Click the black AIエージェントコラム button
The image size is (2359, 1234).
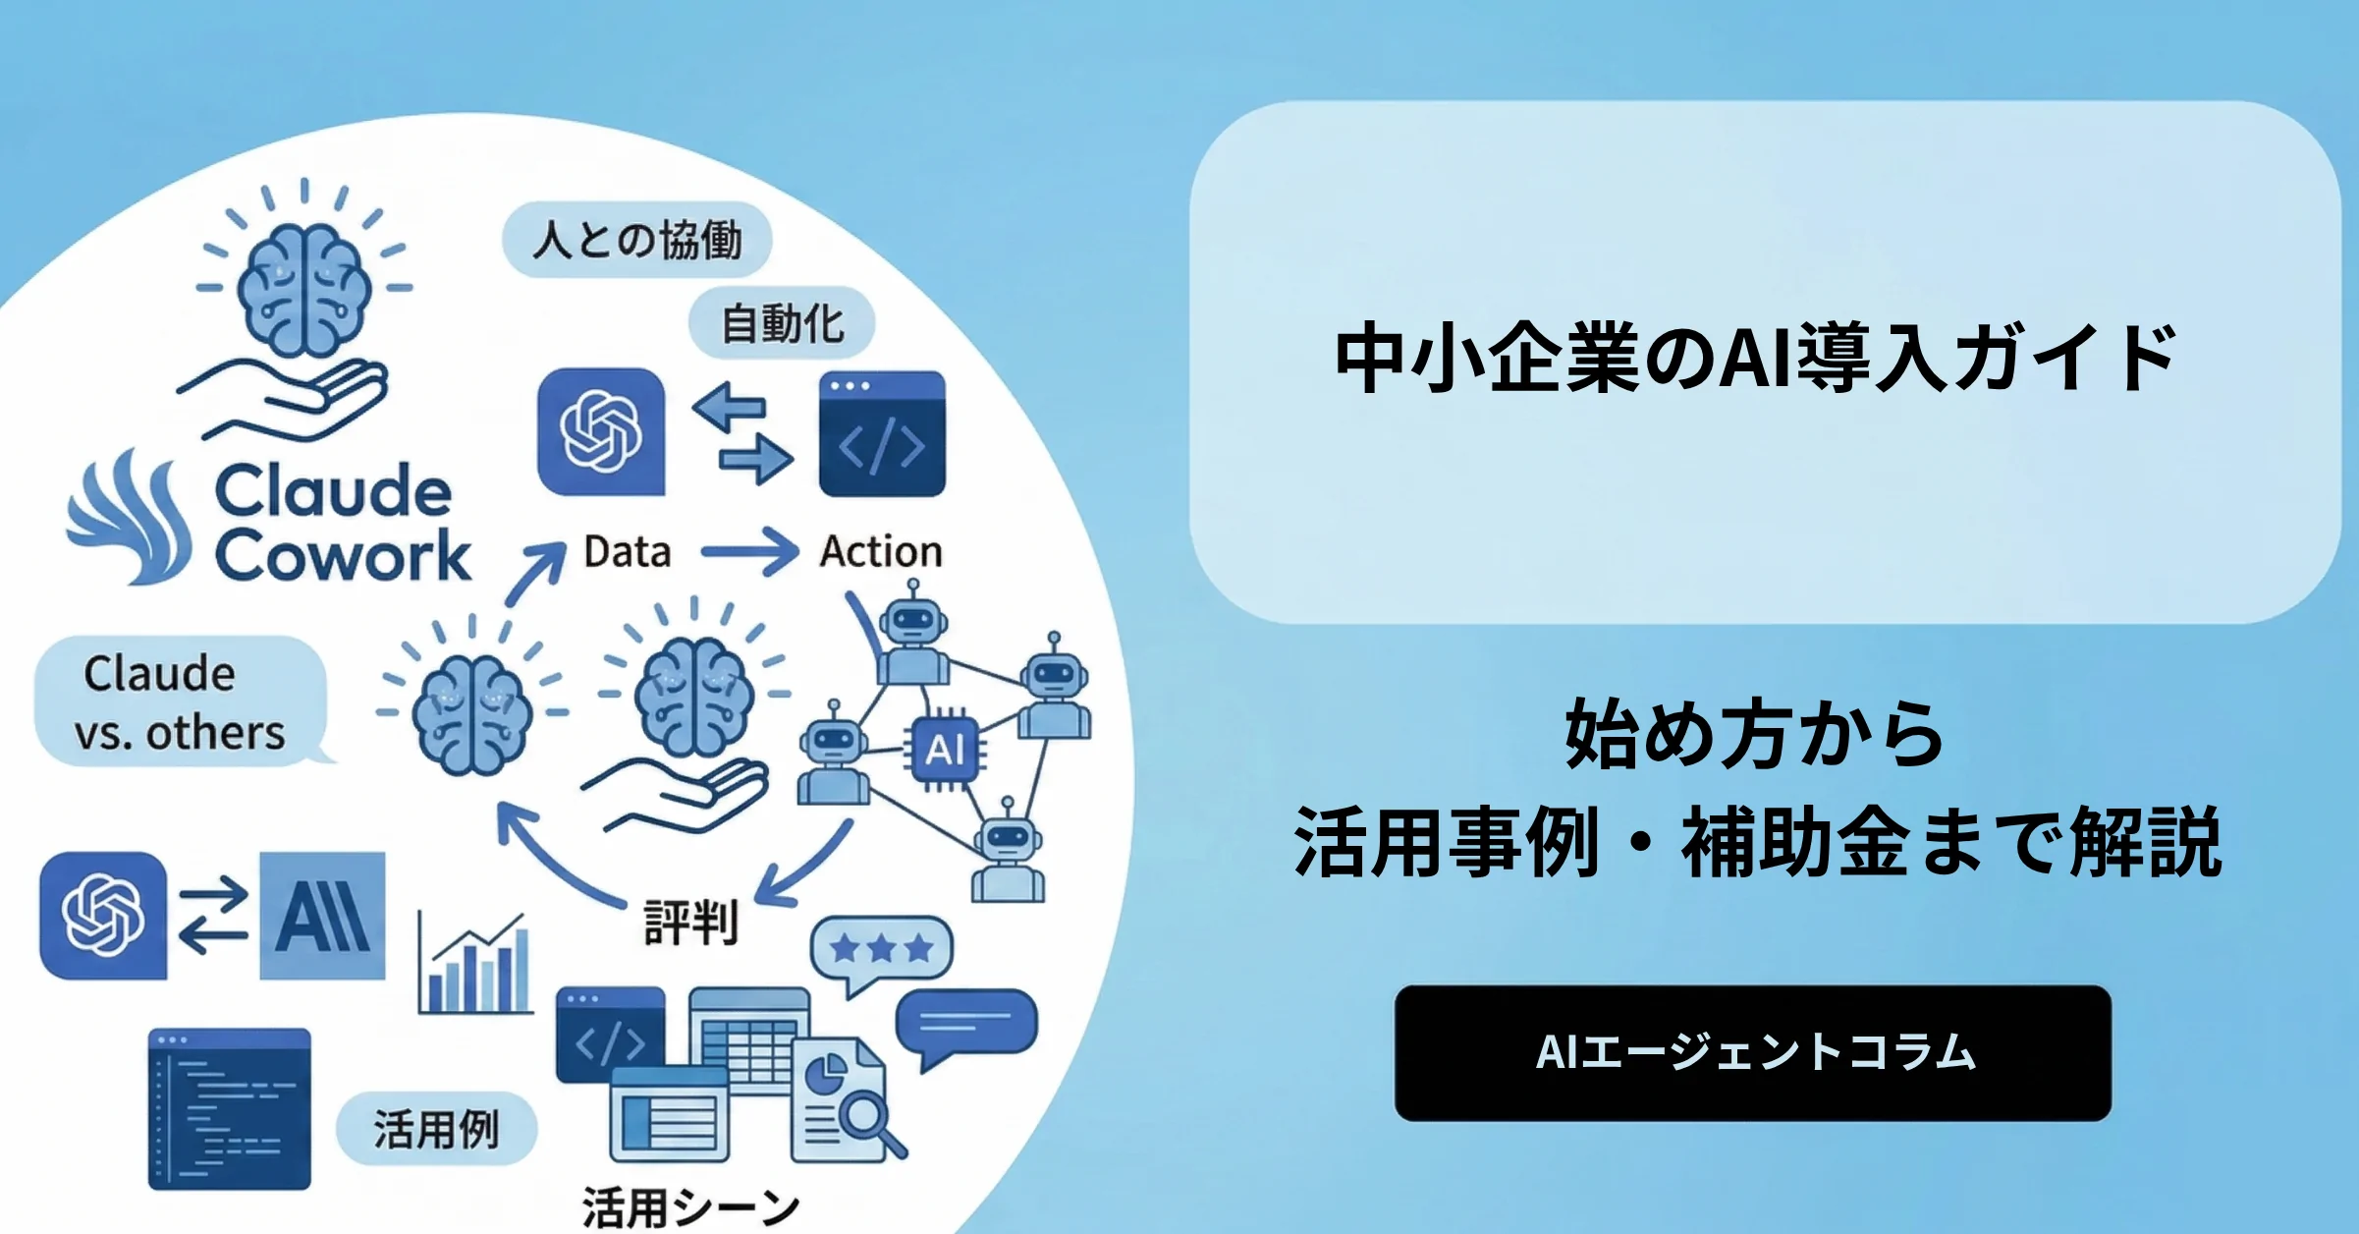pyautogui.click(x=1752, y=1052)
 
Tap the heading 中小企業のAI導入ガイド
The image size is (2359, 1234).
pyautogui.click(x=1756, y=358)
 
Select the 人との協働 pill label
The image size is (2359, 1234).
pyautogui.click(x=636, y=240)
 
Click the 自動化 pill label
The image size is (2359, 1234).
pyautogui.click(x=782, y=323)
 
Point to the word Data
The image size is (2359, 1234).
pyautogui.click(x=628, y=551)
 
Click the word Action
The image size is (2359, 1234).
pyautogui.click(x=881, y=551)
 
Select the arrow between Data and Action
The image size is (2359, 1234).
pyautogui.click(x=749, y=551)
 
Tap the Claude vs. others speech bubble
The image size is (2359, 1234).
pyautogui.click(x=181, y=701)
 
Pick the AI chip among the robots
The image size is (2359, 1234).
pyautogui.click(x=944, y=750)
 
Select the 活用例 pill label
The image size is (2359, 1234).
pyautogui.click(x=436, y=1128)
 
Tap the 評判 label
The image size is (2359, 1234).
pyautogui.click(x=690, y=923)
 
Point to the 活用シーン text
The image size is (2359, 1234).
pyautogui.click(x=690, y=1207)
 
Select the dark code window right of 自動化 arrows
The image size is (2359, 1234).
pyautogui.click(x=882, y=433)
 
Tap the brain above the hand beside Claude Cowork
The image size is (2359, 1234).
pyautogui.click(x=304, y=289)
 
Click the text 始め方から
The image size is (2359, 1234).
pyautogui.click(x=1754, y=734)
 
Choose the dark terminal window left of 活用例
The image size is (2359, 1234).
pyautogui.click(x=230, y=1109)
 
